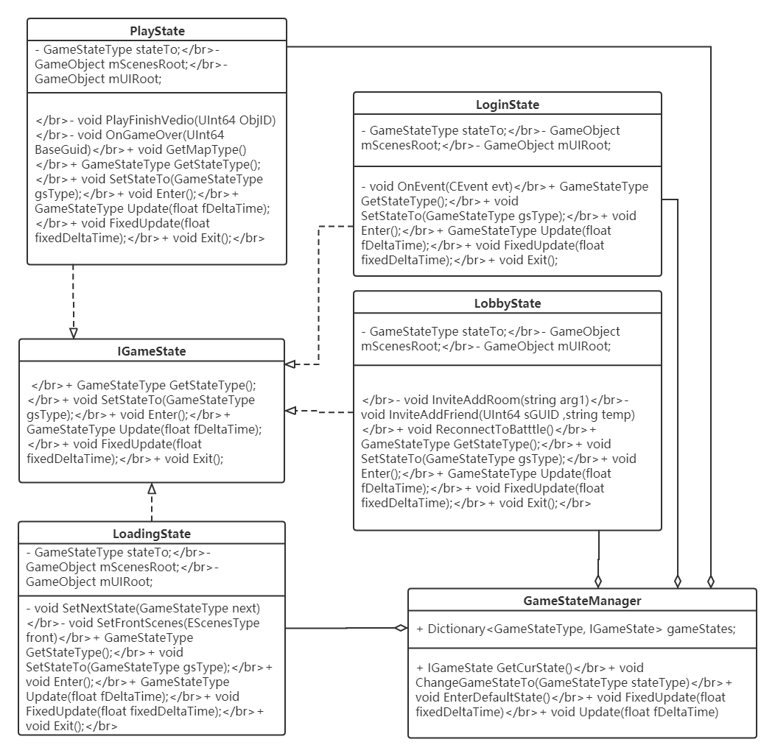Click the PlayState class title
pos(157,31)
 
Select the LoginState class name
pos(507,105)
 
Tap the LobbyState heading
pos(507,303)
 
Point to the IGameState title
pos(151,351)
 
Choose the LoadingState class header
pos(151,534)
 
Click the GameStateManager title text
pos(582,601)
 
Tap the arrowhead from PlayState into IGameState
pos(73,333)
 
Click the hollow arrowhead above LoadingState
pos(152,489)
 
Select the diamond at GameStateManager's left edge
pos(401,628)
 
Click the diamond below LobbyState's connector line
pos(598,579)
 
